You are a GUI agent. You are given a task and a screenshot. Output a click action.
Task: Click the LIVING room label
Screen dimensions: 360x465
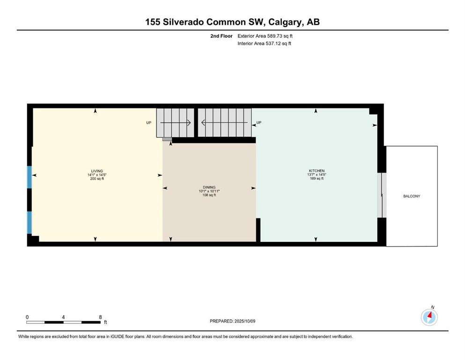pyautogui.click(x=97, y=171)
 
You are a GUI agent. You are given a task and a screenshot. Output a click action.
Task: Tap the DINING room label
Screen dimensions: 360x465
pyautogui.click(x=209, y=187)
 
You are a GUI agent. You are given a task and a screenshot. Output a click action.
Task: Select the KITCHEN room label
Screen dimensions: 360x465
pyautogui.click(x=316, y=171)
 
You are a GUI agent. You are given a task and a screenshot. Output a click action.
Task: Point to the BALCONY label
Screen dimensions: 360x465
pyautogui.click(x=412, y=196)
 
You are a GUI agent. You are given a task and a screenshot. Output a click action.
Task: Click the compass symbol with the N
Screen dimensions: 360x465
pyautogui.click(x=429, y=317)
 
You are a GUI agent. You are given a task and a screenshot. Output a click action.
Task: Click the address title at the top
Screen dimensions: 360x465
pyautogui.click(x=232, y=22)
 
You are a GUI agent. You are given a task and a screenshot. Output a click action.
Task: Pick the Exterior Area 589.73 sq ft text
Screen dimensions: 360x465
pyautogui.click(x=265, y=36)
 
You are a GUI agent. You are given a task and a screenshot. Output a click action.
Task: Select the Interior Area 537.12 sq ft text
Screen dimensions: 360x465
pyautogui.click(x=265, y=44)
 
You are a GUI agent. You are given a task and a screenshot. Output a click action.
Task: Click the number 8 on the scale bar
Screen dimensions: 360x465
pyautogui.click(x=100, y=317)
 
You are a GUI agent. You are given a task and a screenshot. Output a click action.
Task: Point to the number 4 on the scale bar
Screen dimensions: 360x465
pyautogui.click(x=63, y=317)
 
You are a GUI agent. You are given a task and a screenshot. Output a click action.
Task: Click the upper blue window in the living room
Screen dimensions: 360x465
pyautogui.click(x=30, y=178)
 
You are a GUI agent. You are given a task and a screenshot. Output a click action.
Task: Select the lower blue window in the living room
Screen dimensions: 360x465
pyautogui.click(x=30, y=223)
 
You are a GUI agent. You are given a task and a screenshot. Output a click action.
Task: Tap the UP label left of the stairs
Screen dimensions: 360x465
pyautogui.click(x=149, y=123)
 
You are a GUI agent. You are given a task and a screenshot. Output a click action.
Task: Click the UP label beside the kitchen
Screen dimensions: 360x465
pyautogui.click(x=258, y=123)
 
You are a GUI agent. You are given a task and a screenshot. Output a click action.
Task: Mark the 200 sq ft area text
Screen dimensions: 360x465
pyautogui.click(x=97, y=179)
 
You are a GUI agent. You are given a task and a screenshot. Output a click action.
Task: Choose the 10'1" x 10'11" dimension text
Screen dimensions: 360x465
pyautogui.click(x=209, y=191)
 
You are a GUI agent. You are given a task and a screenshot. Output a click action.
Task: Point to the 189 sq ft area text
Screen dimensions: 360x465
pyautogui.click(x=316, y=179)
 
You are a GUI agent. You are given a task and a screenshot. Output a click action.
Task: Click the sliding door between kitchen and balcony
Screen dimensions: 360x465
pyautogui.click(x=382, y=195)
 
